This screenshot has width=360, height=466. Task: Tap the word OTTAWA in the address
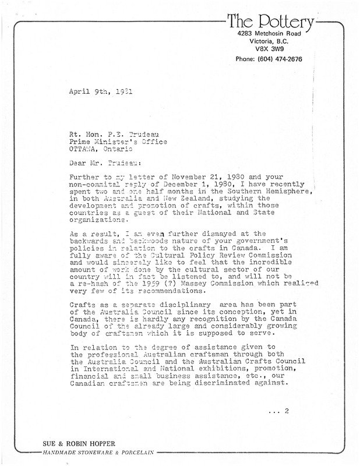pos(86,149)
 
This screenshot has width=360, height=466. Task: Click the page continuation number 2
pos(287,411)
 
